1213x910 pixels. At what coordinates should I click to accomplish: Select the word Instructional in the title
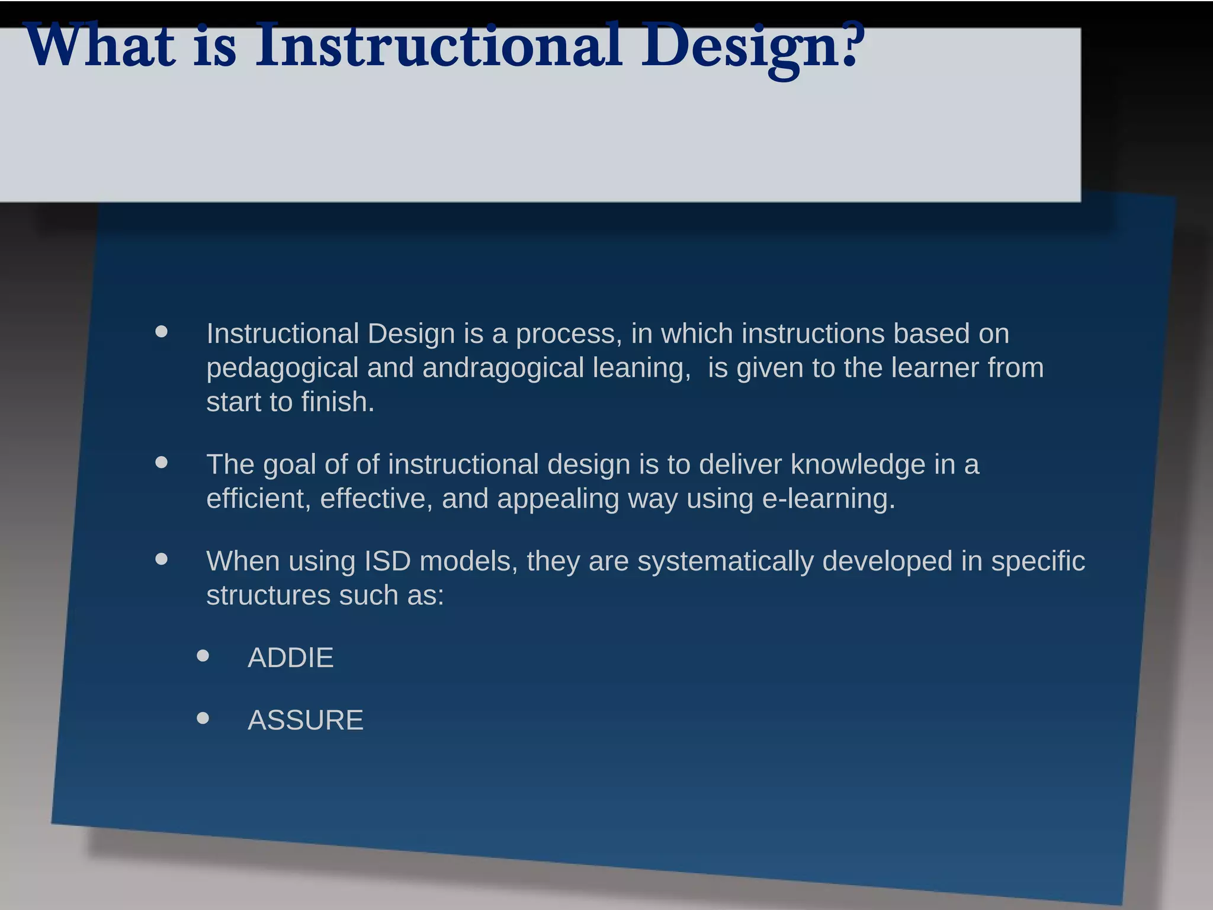[x=438, y=46]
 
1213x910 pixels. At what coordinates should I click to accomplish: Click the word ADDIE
[x=290, y=658]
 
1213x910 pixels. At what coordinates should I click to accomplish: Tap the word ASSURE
[x=305, y=720]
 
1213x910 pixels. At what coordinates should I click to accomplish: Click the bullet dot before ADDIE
[x=203, y=655]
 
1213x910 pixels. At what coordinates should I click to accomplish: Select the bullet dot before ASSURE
[x=203, y=718]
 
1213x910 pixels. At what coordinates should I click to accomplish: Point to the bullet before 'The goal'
[x=162, y=462]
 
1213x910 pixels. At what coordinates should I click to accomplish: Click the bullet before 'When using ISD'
[x=162, y=559]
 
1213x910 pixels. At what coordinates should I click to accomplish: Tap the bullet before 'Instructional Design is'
[x=162, y=331]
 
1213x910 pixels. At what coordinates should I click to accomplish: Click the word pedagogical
[x=282, y=369]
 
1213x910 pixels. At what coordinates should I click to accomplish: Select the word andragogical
[x=503, y=368]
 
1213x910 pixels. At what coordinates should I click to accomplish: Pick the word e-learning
[x=828, y=499]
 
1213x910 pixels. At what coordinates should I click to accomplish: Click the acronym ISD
[x=387, y=561]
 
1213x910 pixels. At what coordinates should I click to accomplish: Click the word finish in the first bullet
[x=337, y=402]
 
